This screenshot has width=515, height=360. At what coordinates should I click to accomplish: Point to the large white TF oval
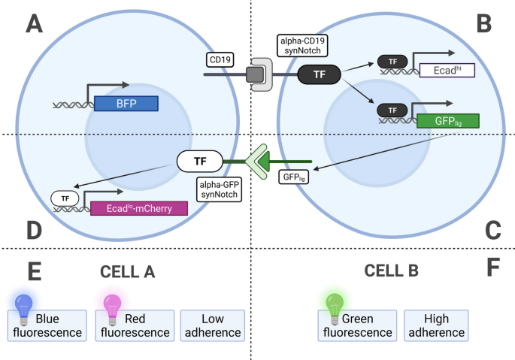point(199,160)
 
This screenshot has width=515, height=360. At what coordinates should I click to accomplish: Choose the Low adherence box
point(213,325)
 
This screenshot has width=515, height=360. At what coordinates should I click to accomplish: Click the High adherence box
point(436,325)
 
